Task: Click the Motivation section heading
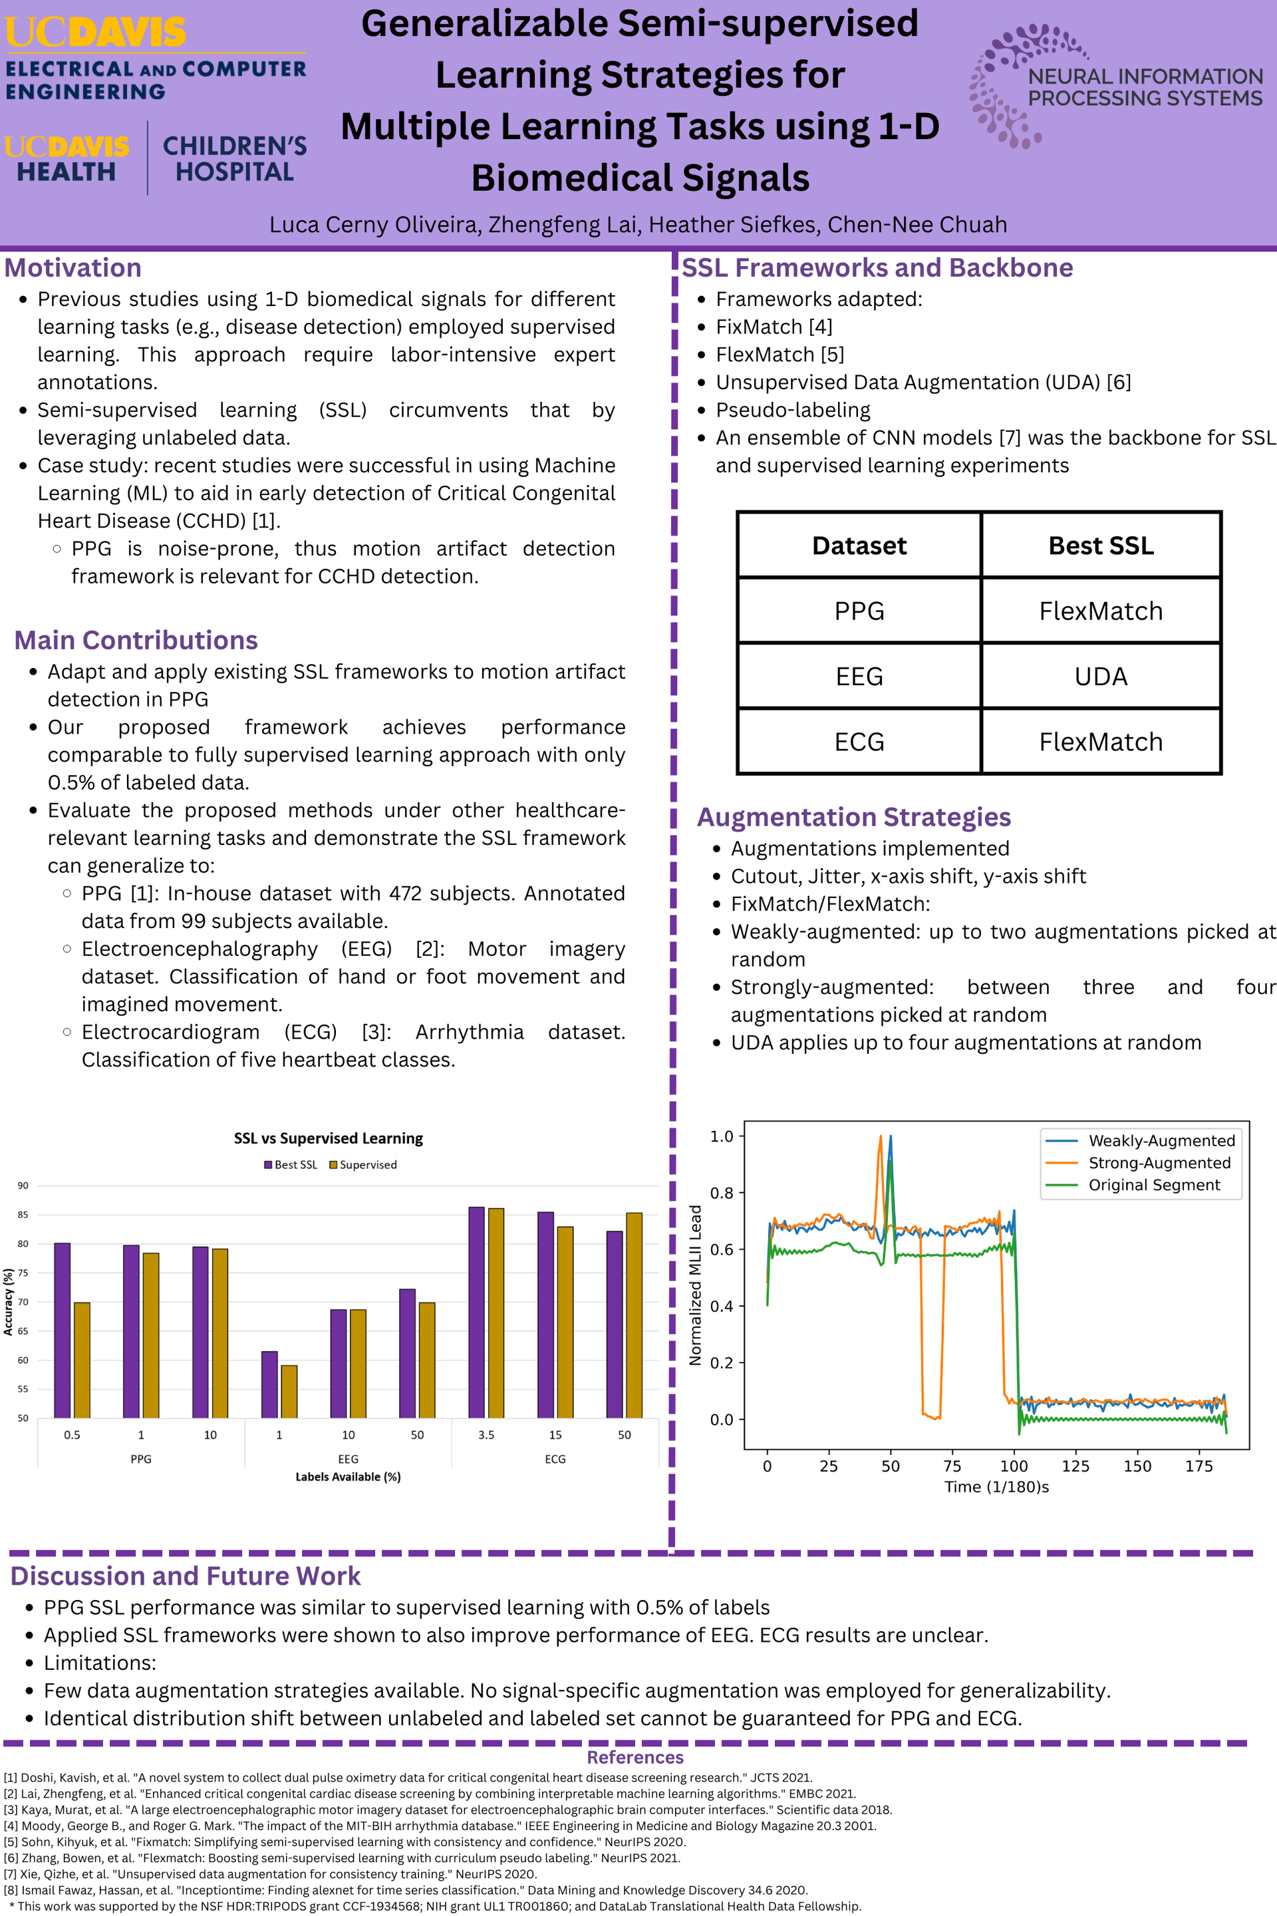(x=73, y=268)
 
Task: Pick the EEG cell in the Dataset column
(x=859, y=676)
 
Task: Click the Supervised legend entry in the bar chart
(x=363, y=1165)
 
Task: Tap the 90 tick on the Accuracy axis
(x=23, y=1186)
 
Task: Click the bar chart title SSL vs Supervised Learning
(x=328, y=1138)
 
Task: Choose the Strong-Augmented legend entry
(x=1158, y=1162)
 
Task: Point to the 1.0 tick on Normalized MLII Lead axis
(x=722, y=1136)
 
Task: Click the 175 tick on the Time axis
(x=1199, y=1466)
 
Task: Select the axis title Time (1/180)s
(x=996, y=1487)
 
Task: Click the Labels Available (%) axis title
(x=348, y=1477)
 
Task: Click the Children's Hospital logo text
(x=235, y=159)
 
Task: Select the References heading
(x=635, y=1757)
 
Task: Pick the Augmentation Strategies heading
(x=853, y=817)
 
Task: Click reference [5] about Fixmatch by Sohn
(x=345, y=1842)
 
